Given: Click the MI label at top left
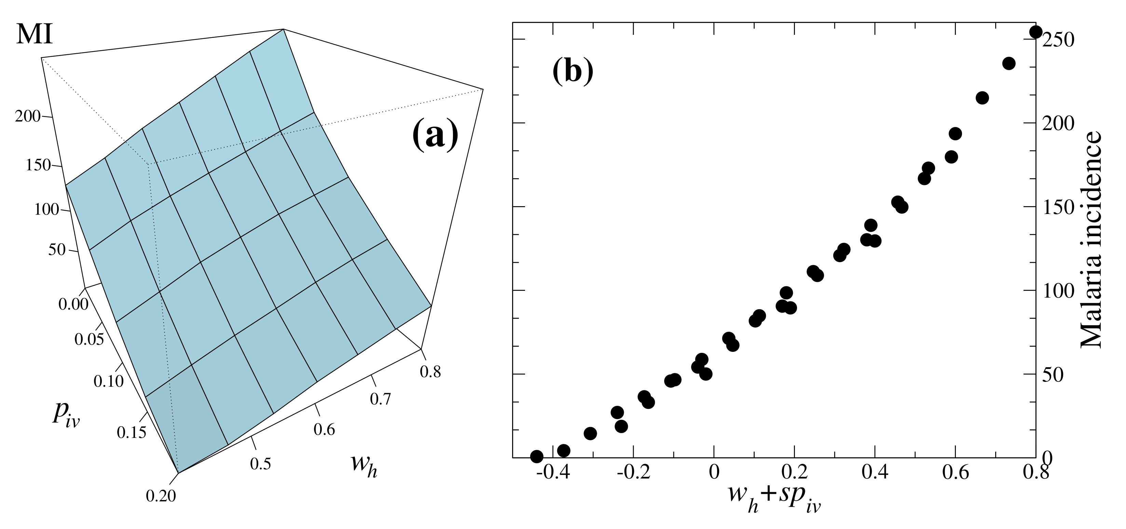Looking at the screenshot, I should tap(34, 34).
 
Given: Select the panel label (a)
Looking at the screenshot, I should tap(435, 136).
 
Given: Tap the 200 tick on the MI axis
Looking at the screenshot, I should tap(28, 117).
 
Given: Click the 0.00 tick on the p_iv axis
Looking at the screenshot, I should tap(73, 304).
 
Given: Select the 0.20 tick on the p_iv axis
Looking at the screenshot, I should tap(161, 496).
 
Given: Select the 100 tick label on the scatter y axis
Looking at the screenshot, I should tap(1058, 291).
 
